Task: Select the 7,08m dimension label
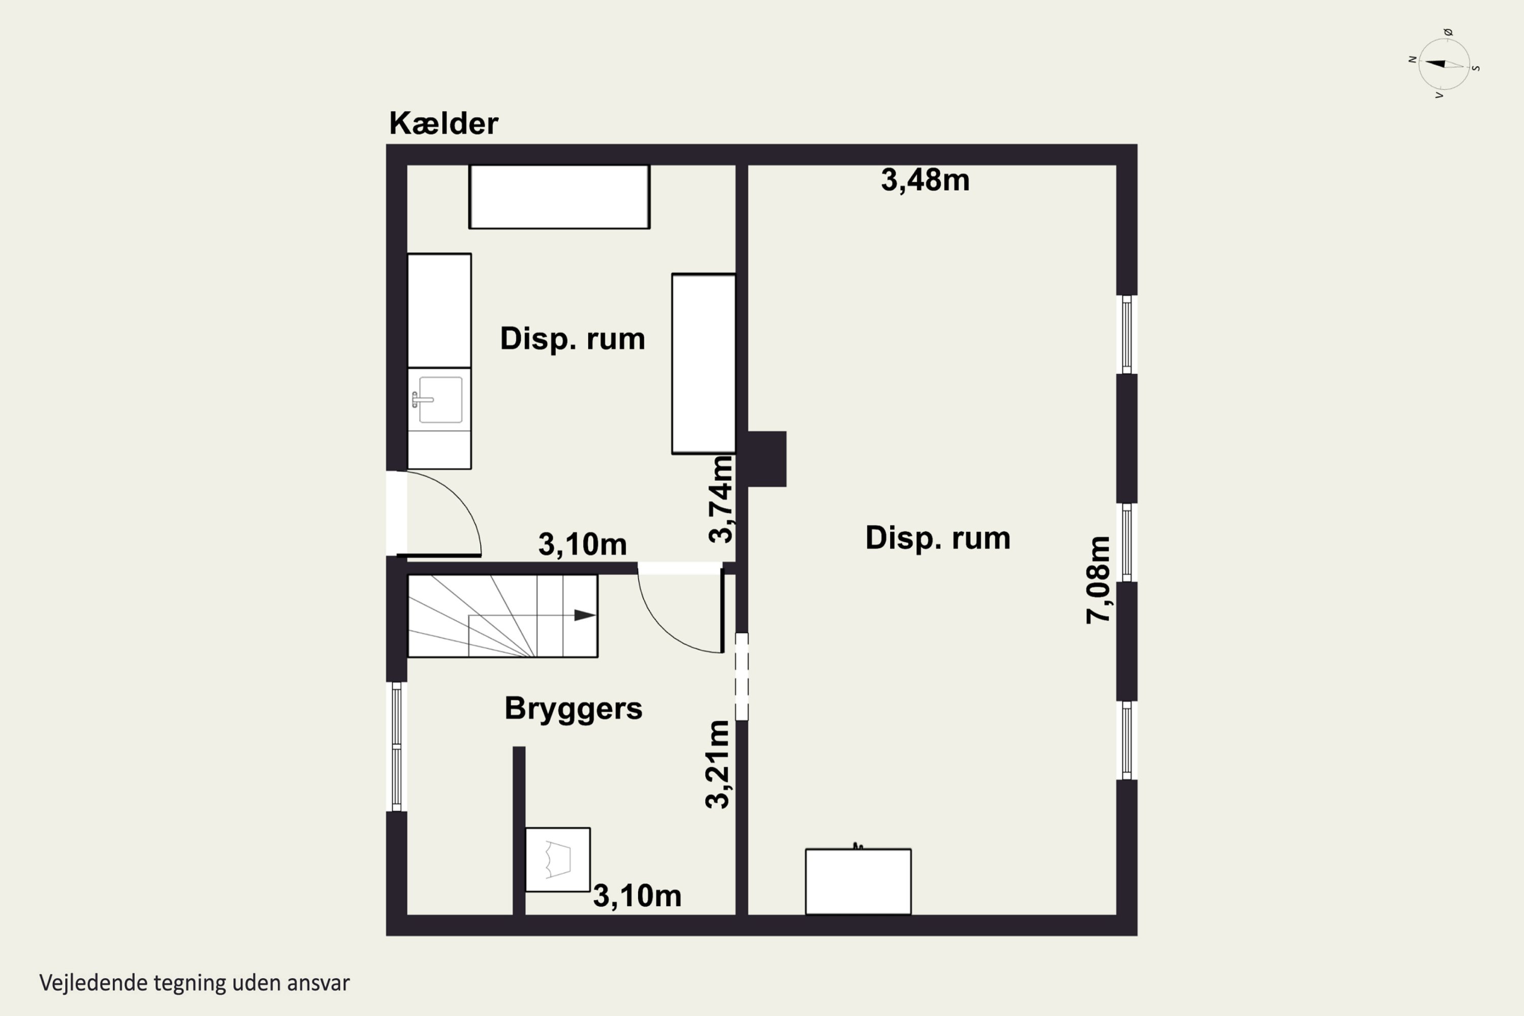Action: (x=1098, y=580)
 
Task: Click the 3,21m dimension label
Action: (x=717, y=764)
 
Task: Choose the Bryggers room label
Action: (x=574, y=709)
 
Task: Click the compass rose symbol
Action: (x=1444, y=63)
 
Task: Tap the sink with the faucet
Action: (x=439, y=400)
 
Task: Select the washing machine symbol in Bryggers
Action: (x=557, y=859)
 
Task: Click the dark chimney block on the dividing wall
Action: (x=767, y=459)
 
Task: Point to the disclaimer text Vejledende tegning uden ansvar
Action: (x=195, y=983)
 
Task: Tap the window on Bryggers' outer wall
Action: (x=397, y=746)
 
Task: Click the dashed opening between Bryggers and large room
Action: (x=742, y=677)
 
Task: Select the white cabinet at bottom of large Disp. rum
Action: (x=858, y=881)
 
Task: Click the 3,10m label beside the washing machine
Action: (x=637, y=896)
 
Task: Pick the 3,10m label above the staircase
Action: (x=583, y=544)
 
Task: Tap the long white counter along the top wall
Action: (x=559, y=196)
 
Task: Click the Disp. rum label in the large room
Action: (x=938, y=538)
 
